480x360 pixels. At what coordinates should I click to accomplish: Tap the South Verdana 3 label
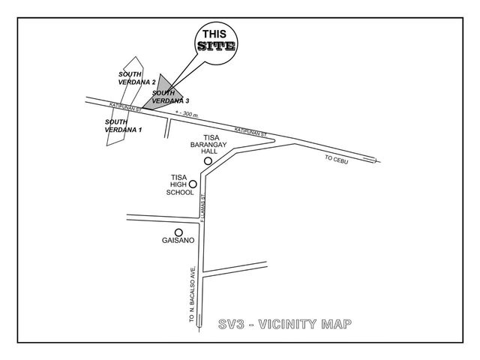click(x=170, y=97)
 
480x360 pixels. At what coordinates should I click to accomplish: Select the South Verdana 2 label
click(x=136, y=78)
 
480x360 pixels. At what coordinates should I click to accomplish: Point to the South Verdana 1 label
click(x=123, y=126)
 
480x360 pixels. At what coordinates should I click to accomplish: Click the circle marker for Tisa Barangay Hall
click(x=208, y=161)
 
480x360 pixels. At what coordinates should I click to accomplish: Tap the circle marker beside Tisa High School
click(x=193, y=184)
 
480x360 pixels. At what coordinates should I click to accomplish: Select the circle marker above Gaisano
click(x=178, y=232)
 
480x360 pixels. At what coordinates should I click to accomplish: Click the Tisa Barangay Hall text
click(x=208, y=144)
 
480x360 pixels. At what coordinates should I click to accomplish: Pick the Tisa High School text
click(x=180, y=184)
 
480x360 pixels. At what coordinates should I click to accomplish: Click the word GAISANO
click(x=178, y=240)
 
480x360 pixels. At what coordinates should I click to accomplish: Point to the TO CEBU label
click(x=337, y=160)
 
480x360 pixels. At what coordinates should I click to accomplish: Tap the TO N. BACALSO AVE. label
click(x=192, y=294)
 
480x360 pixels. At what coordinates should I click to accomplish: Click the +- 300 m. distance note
click(x=187, y=114)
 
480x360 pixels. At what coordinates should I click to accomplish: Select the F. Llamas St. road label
click(x=202, y=208)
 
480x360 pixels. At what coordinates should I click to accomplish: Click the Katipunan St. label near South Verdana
click(x=126, y=106)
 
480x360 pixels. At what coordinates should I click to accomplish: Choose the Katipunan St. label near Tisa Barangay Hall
click(x=250, y=132)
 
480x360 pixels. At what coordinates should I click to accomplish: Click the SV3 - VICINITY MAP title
click(x=285, y=324)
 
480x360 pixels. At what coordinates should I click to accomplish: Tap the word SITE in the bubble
click(x=217, y=46)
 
